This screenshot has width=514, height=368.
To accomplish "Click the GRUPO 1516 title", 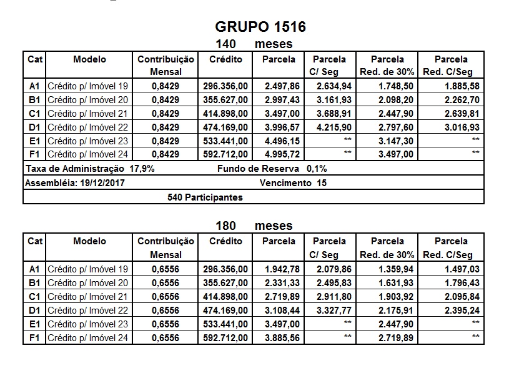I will pos(260,27).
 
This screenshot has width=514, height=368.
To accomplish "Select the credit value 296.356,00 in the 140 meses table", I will pos(225,86).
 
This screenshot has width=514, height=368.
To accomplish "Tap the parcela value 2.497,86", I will pos(280,86).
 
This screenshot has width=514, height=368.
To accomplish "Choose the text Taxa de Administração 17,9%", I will pos(90,169).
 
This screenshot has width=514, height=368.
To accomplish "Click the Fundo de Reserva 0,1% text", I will pos(272,169).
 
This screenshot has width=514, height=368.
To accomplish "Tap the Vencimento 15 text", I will pos(292,183).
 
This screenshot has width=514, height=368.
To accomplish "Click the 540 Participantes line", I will pos(205,197).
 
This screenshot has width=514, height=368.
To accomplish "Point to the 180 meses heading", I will pos(254,226).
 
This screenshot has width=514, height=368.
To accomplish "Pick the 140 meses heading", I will pos(254,44).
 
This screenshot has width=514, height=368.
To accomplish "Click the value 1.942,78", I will pos(280,269).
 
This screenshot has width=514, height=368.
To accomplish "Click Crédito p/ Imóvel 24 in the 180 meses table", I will pos(87,337).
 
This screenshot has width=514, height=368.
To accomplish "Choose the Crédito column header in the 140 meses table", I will pos(225,59).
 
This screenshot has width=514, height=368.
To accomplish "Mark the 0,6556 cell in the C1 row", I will pos(166,296).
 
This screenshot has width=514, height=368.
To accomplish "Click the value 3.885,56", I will pos(280,337).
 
